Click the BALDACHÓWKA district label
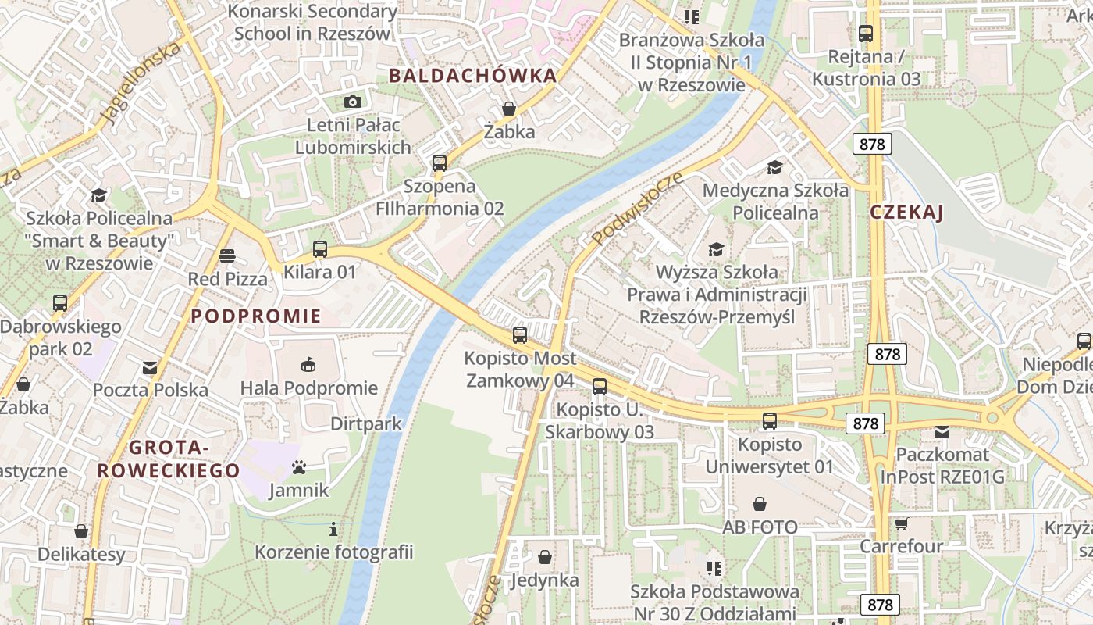(x=472, y=76)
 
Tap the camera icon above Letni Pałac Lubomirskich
(x=353, y=102)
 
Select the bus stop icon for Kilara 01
(x=320, y=249)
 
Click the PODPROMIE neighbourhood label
(x=256, y=316)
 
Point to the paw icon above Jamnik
(x=299, y=468)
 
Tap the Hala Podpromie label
(x=309, y=388)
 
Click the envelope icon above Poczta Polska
(x=150, y=367)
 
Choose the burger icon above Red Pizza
(x=227, y=255)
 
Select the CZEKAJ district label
(x=907, y=212)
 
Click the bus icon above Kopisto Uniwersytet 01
(x=770, y=421)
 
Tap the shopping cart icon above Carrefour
(x=902, y=523)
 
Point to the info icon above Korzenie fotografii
(x=333, y=529)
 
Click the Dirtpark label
(x=366, y=423)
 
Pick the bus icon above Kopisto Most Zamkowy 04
(x=520, y=335)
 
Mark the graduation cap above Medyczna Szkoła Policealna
(x=774, y=167)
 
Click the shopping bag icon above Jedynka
(x=545, y=557)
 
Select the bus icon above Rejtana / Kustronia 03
(x=866, y=34)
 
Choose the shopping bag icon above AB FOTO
(x=760, y=504)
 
